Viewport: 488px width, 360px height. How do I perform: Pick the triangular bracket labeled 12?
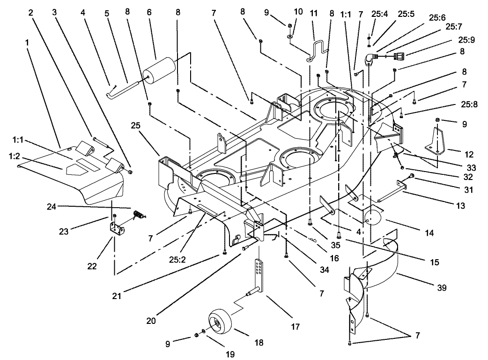pyautogui.click(x=436, y=141)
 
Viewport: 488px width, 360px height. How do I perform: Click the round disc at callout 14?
pyautogui.click(x=374, y=218)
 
